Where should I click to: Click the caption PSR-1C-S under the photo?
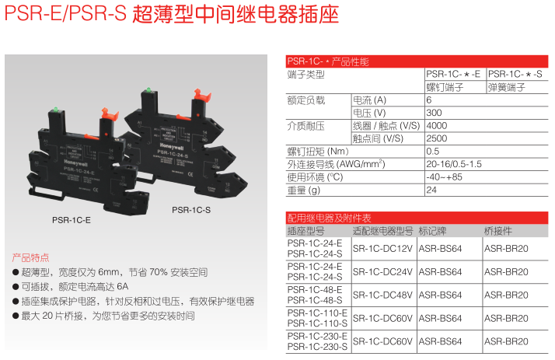coord(191,209)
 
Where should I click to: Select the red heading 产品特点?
coord(30,257)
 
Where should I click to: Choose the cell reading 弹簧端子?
coord(509,87)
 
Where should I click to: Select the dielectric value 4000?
coord(437,125)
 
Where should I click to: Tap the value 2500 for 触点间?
coord(437,138)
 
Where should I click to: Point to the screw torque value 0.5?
coord(433,151)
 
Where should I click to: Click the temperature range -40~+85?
coord(442,177)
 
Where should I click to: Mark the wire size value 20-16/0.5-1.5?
coord(454,164)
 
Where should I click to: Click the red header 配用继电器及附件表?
coord(330,218)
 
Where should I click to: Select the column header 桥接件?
coord(498,231)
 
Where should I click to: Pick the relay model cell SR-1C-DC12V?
coord(382,249)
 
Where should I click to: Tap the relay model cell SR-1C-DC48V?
coord(382,295)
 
